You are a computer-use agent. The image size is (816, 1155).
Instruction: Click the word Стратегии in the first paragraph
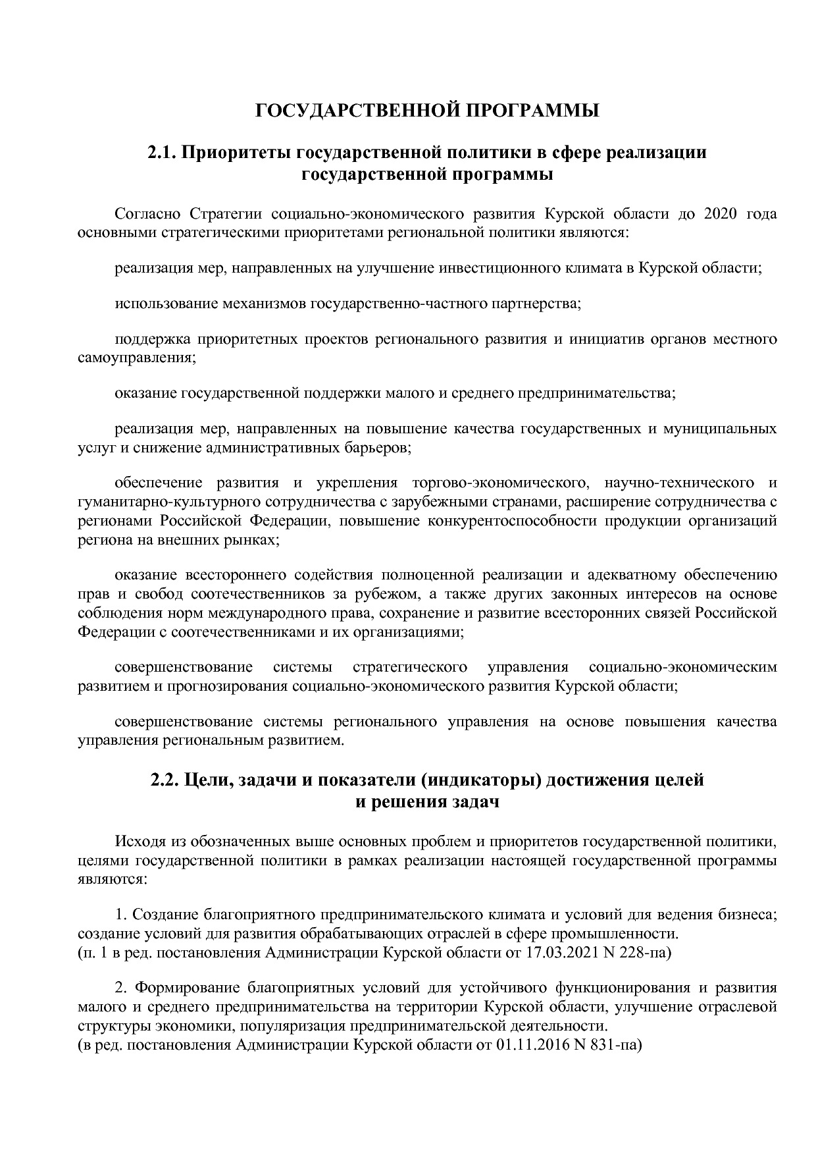pos(227,214)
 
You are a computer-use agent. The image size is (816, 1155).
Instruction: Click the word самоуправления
pos(137,358)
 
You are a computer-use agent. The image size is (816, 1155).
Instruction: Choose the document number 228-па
pos(642,952)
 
